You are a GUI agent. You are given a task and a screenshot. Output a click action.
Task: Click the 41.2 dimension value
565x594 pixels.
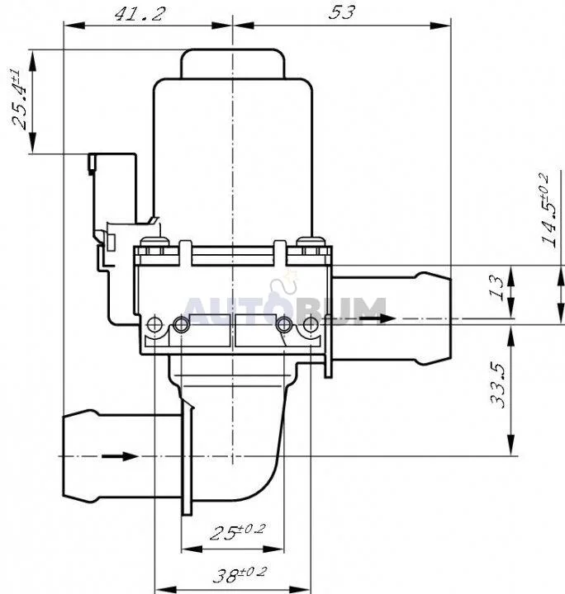140,14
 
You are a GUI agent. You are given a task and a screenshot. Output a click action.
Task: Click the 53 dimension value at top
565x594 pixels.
342,13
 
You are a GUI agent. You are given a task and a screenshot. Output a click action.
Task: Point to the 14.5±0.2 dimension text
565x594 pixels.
549,210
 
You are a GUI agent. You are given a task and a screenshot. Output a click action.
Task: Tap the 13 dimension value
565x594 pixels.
497,288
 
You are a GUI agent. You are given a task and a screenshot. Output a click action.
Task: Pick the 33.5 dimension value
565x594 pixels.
497,385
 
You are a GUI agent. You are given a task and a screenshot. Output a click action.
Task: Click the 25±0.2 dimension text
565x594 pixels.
238,531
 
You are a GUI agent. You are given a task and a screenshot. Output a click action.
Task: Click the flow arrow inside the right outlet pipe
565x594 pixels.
377,318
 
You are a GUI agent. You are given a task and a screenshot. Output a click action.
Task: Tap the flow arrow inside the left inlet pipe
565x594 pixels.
119,455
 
